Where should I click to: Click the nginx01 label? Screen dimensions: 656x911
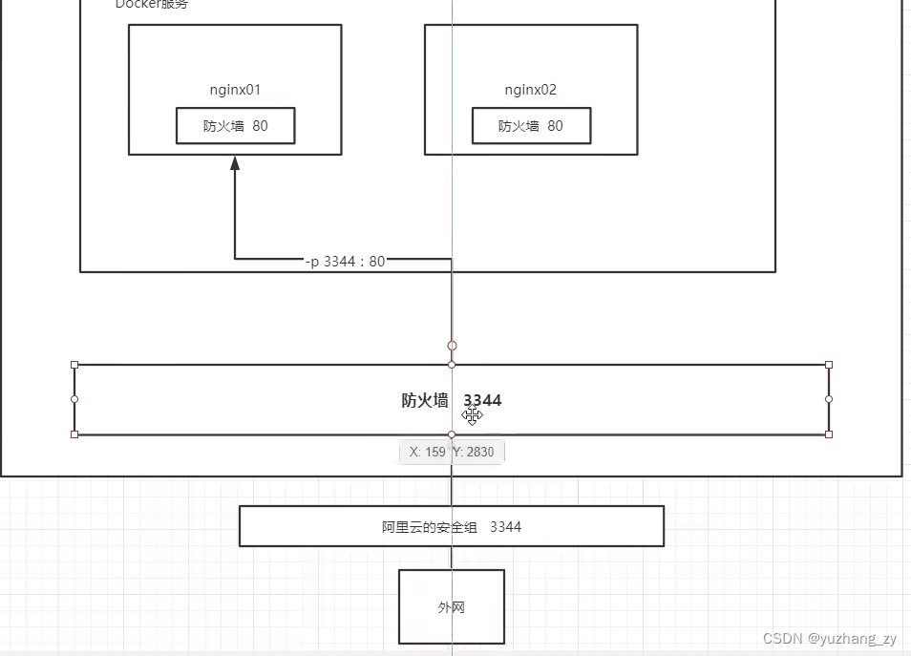[x=235, y=90]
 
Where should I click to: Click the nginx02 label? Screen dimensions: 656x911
[x=531, y=90]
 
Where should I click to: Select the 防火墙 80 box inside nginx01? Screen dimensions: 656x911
[x=235, y=125]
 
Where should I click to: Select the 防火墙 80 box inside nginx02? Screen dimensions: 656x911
[x=531, y=125]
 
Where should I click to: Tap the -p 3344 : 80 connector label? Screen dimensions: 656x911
[x=345, y=261]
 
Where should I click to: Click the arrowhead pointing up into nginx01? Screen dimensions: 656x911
[x=235, y=163]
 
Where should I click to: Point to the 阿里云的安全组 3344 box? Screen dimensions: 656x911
[x=451, y=526]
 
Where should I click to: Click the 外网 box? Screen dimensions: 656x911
[x=451, y=606]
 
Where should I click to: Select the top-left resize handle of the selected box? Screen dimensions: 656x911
[x=74, y=365]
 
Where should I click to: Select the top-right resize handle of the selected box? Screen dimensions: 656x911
[x=828, y=365]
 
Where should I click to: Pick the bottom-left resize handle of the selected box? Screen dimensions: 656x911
[x=74, y=434]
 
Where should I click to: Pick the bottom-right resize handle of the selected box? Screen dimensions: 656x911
[x=828, y=434]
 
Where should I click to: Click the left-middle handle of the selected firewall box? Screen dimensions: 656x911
[x=74, y=399]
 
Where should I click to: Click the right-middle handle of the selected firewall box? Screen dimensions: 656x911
[x=828, y=399]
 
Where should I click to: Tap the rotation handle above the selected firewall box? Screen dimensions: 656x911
[x=452, y=346]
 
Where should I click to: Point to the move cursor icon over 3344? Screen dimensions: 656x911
[x=473, y=415]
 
